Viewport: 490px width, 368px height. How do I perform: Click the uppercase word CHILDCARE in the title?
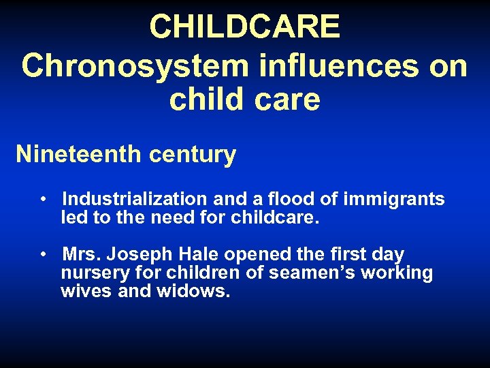coord(244,27)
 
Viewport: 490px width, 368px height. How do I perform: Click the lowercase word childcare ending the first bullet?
coord(275,219)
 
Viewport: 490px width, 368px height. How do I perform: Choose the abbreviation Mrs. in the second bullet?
coord(80,254)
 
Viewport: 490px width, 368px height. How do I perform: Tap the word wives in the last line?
coord(86,292)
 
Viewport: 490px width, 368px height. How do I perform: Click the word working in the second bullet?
coord(398,273)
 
